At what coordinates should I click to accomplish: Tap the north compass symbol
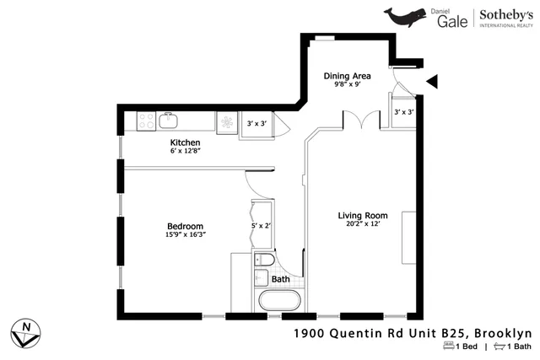pos(27,330)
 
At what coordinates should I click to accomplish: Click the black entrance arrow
pos(432,81)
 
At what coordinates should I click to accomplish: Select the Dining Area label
pos(347,76)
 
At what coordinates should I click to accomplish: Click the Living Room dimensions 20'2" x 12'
pos(362,223)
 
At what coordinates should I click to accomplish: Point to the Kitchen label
pos(185,142)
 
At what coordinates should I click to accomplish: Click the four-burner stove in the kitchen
pos(145,121)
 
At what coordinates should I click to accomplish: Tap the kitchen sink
pos(169,120)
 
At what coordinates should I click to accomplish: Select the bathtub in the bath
pos(278,301)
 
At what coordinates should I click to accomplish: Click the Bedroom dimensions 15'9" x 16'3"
pos(185,234)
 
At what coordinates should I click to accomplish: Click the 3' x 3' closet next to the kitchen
pos(256,124)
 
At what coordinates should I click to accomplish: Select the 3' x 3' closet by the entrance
pos(402,111)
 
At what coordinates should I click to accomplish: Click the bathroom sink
pos(261,277)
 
